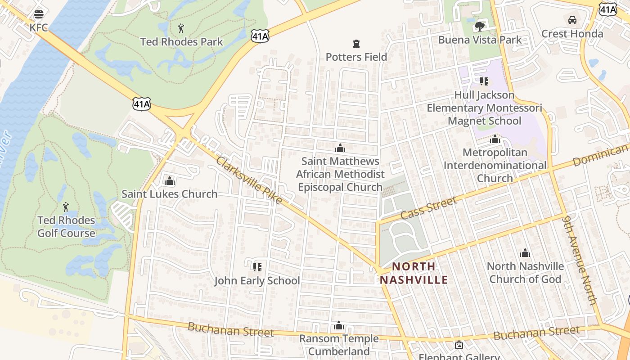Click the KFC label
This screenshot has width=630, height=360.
[x=39, y=28]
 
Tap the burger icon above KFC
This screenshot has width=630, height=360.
[x=39, y=14]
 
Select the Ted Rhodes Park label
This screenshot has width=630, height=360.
[x=181, y=42]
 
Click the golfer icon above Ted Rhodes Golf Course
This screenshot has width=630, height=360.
[x=66, y=207]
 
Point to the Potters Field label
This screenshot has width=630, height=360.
[x=356, y=57]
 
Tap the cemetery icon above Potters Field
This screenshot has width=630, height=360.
[x=356, y=44]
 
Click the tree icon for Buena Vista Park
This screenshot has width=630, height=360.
[x=480, y=26]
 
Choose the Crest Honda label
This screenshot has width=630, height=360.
[x=572, y=34]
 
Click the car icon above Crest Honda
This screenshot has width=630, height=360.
[x=572, y=20]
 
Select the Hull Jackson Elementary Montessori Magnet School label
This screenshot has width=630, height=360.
[x=484, y=108]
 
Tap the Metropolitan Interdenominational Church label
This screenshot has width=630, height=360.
[x=495, y=165]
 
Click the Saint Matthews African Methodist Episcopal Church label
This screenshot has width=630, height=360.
[x=340, y=174]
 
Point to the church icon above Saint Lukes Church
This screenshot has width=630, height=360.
[x=170, y=181]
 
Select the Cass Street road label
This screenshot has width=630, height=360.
[x=428, y=207]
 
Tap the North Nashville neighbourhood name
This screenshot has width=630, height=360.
[x=414, y=273]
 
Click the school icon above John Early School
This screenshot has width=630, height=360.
[x=257, y=267]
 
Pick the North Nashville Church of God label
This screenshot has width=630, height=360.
[x=525, y=273]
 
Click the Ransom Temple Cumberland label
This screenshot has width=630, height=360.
[x=339, y=345]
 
